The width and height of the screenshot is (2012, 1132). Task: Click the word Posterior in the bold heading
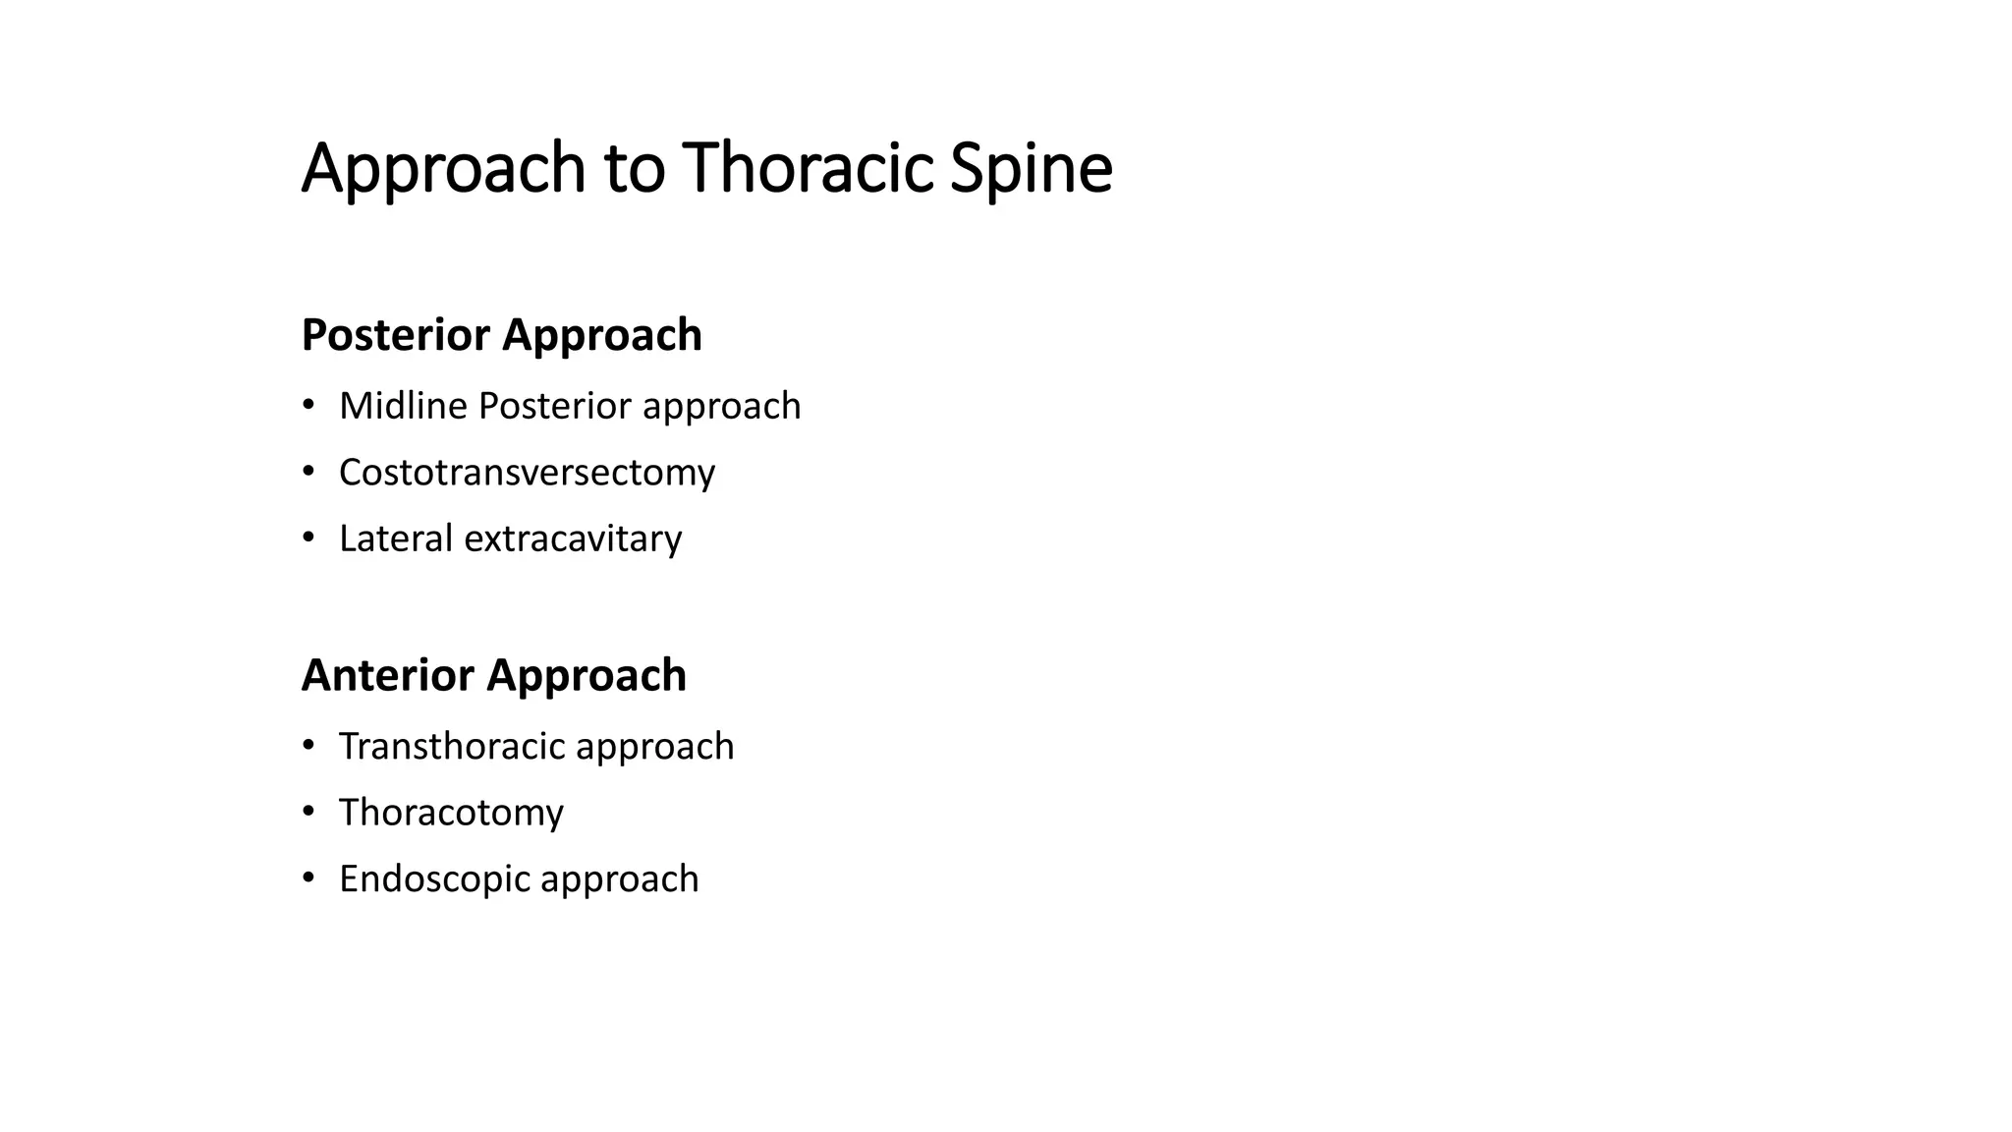396,334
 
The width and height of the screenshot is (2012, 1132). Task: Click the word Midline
403,406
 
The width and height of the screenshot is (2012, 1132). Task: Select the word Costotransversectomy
527,473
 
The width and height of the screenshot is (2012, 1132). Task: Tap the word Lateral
396,538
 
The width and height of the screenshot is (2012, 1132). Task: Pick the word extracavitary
573,538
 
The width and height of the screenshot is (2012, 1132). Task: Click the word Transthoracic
452,747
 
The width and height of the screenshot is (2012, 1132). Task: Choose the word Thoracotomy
451,813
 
